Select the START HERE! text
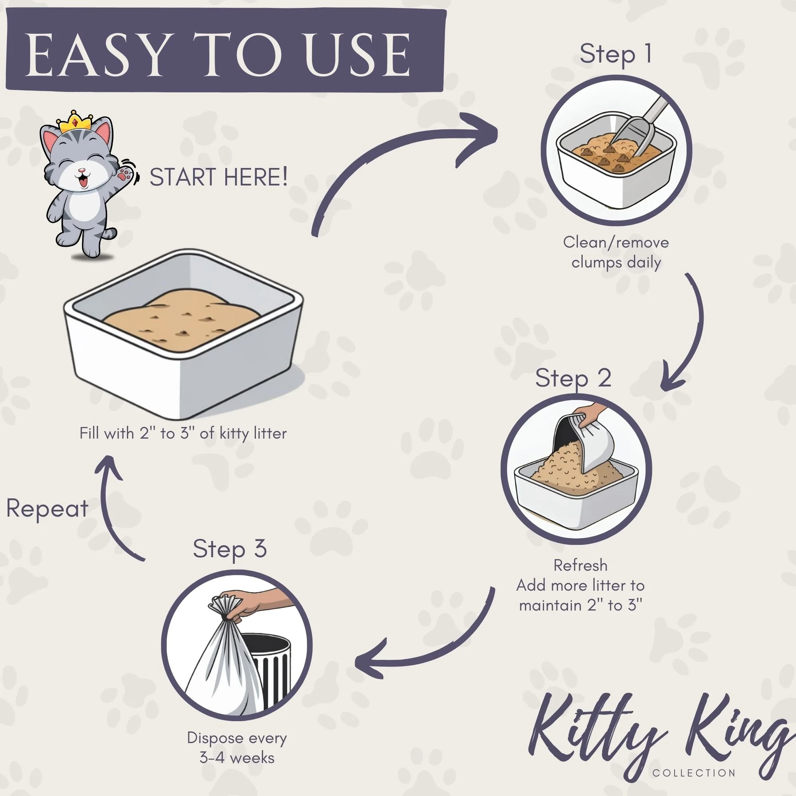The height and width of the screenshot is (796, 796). click(x=219, y=177)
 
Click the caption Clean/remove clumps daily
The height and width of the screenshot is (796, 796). click(x=616, y=252)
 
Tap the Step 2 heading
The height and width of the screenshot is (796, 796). click(x=573, y=378)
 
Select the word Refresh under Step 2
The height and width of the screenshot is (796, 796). click(x=580, y=565)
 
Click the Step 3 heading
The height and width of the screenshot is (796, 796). click(x=230, y=549)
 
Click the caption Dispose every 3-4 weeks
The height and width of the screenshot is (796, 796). click(x=237, y=747)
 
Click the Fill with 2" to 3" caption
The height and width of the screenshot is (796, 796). click(x=183, y=433)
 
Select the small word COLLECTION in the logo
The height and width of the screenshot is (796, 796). click(x=694, y=773)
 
